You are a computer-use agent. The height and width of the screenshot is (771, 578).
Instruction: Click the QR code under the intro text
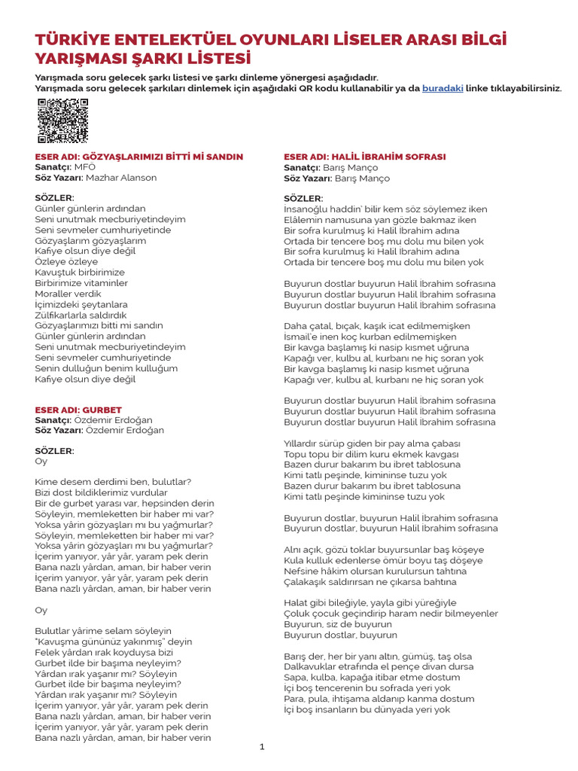click(x=62, y=121)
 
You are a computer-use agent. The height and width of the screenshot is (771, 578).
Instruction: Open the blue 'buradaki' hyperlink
click(x=442, y=88)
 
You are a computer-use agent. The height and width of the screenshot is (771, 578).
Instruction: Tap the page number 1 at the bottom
click(x=263, y=747)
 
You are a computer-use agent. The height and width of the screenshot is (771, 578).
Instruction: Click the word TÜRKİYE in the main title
click(x=72, y=39)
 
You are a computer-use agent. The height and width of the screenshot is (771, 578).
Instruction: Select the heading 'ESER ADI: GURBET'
click(x=78, y=410)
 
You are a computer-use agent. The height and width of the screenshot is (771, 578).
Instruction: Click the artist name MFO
click(x=85, y=167)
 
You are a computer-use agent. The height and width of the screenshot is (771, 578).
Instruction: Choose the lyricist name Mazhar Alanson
click(x=121, y=178)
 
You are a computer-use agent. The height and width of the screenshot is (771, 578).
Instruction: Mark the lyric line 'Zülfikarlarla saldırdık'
click(x=81, y=315)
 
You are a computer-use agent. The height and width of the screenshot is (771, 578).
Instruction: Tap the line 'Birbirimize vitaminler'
click(x=81, y=283)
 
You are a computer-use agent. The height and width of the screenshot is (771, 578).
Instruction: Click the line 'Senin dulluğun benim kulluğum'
click(x=106, y=368)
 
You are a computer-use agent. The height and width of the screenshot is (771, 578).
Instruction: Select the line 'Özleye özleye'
click(x=66, y=261)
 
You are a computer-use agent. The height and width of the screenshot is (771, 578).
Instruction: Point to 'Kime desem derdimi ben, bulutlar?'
click(x=113, y=482)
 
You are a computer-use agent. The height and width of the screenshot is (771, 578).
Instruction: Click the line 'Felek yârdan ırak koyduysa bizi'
click(x=104, y=652)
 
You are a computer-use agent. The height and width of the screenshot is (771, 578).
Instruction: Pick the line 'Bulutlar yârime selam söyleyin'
click(x=103, y=631)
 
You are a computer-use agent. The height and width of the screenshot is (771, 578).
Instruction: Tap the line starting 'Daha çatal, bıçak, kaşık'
click(x=377, y=326)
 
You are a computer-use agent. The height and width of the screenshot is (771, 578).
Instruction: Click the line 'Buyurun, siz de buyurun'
click(x=338, y=624)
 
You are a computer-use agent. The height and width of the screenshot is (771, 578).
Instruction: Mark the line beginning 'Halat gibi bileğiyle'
click(x=370, y=603)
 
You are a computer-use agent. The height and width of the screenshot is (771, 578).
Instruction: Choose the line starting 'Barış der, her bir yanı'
click(x=378, y=657)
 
